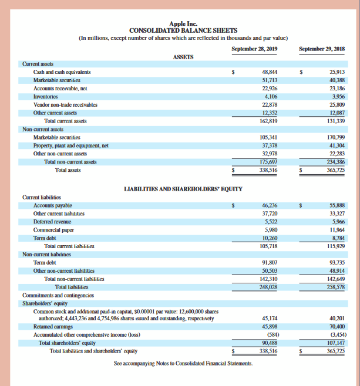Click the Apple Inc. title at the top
[180, 23]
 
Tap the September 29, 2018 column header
[322, 48]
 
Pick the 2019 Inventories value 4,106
[271, 96]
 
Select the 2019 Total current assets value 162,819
[268, 121]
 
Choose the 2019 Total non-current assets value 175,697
[268, 162]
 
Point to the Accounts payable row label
[53, 206]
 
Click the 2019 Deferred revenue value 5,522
[271, 222]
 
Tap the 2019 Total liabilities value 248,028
[268, 287]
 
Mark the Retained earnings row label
[53, 326]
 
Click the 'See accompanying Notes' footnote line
[182, 364]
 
